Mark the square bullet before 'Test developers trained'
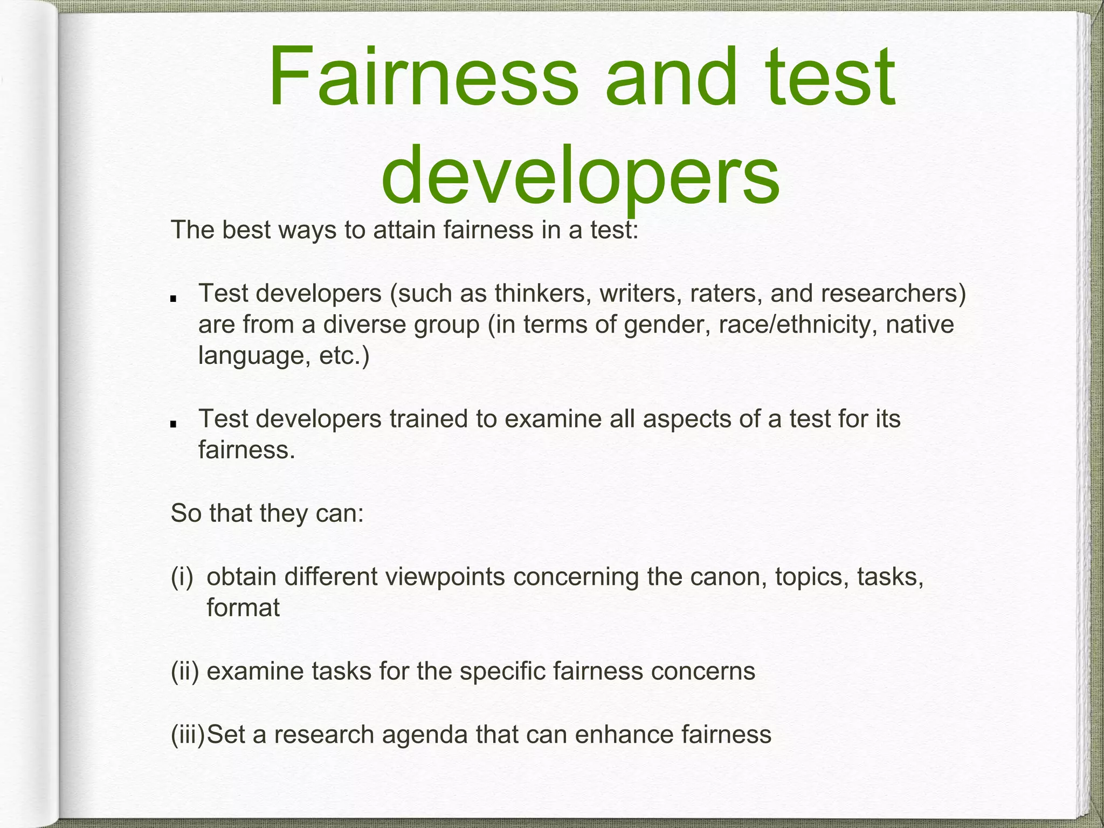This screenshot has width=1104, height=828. (173, 424)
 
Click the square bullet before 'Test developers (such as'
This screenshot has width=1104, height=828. (173, 299)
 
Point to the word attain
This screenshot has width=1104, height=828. (404, 230)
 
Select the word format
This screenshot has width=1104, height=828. (243, 609)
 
